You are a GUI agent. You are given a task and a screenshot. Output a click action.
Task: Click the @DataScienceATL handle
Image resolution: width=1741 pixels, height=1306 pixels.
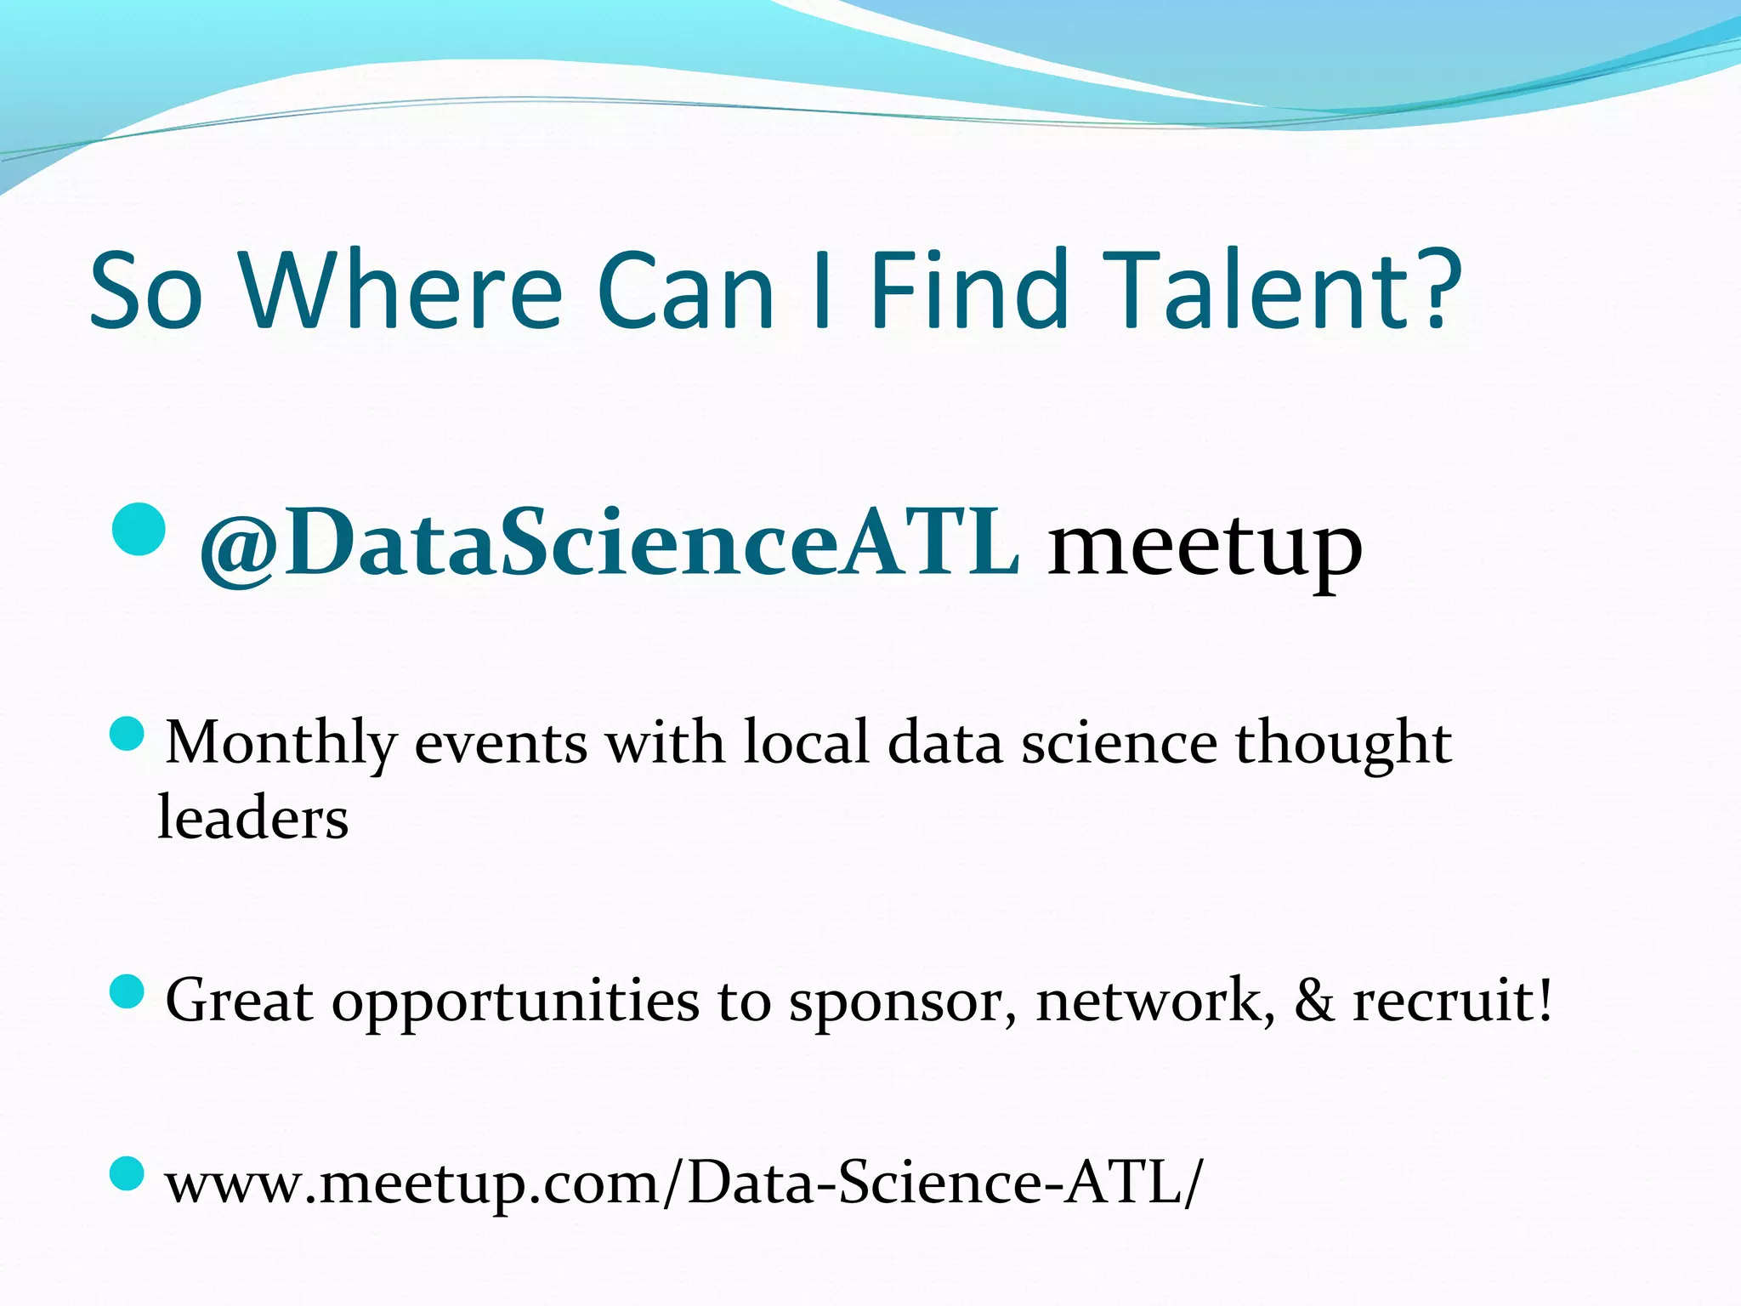[x=609, y=544]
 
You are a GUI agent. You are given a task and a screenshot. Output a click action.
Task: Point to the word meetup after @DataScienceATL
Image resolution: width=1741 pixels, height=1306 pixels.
[x=1205, y=548]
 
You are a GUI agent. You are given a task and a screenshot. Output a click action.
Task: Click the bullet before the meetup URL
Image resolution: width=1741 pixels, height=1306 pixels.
[x=128, y=1174]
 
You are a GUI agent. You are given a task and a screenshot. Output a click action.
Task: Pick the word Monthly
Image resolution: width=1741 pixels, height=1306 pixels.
[x=281, y=745]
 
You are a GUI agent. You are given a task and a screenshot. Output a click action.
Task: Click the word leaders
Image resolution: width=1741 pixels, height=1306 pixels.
[x=253, y=818]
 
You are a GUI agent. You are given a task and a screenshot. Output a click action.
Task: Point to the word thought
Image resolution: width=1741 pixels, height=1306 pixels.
[x=1343, y=745]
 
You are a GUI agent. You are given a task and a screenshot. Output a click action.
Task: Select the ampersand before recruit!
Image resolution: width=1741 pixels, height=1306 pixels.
[x=1314, y=1000]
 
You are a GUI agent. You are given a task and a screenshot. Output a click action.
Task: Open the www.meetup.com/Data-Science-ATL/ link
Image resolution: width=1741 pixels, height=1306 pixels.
[x=683, y=1184]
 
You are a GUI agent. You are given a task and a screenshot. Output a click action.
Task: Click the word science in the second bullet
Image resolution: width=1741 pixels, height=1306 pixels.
[x=1119, y=743]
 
